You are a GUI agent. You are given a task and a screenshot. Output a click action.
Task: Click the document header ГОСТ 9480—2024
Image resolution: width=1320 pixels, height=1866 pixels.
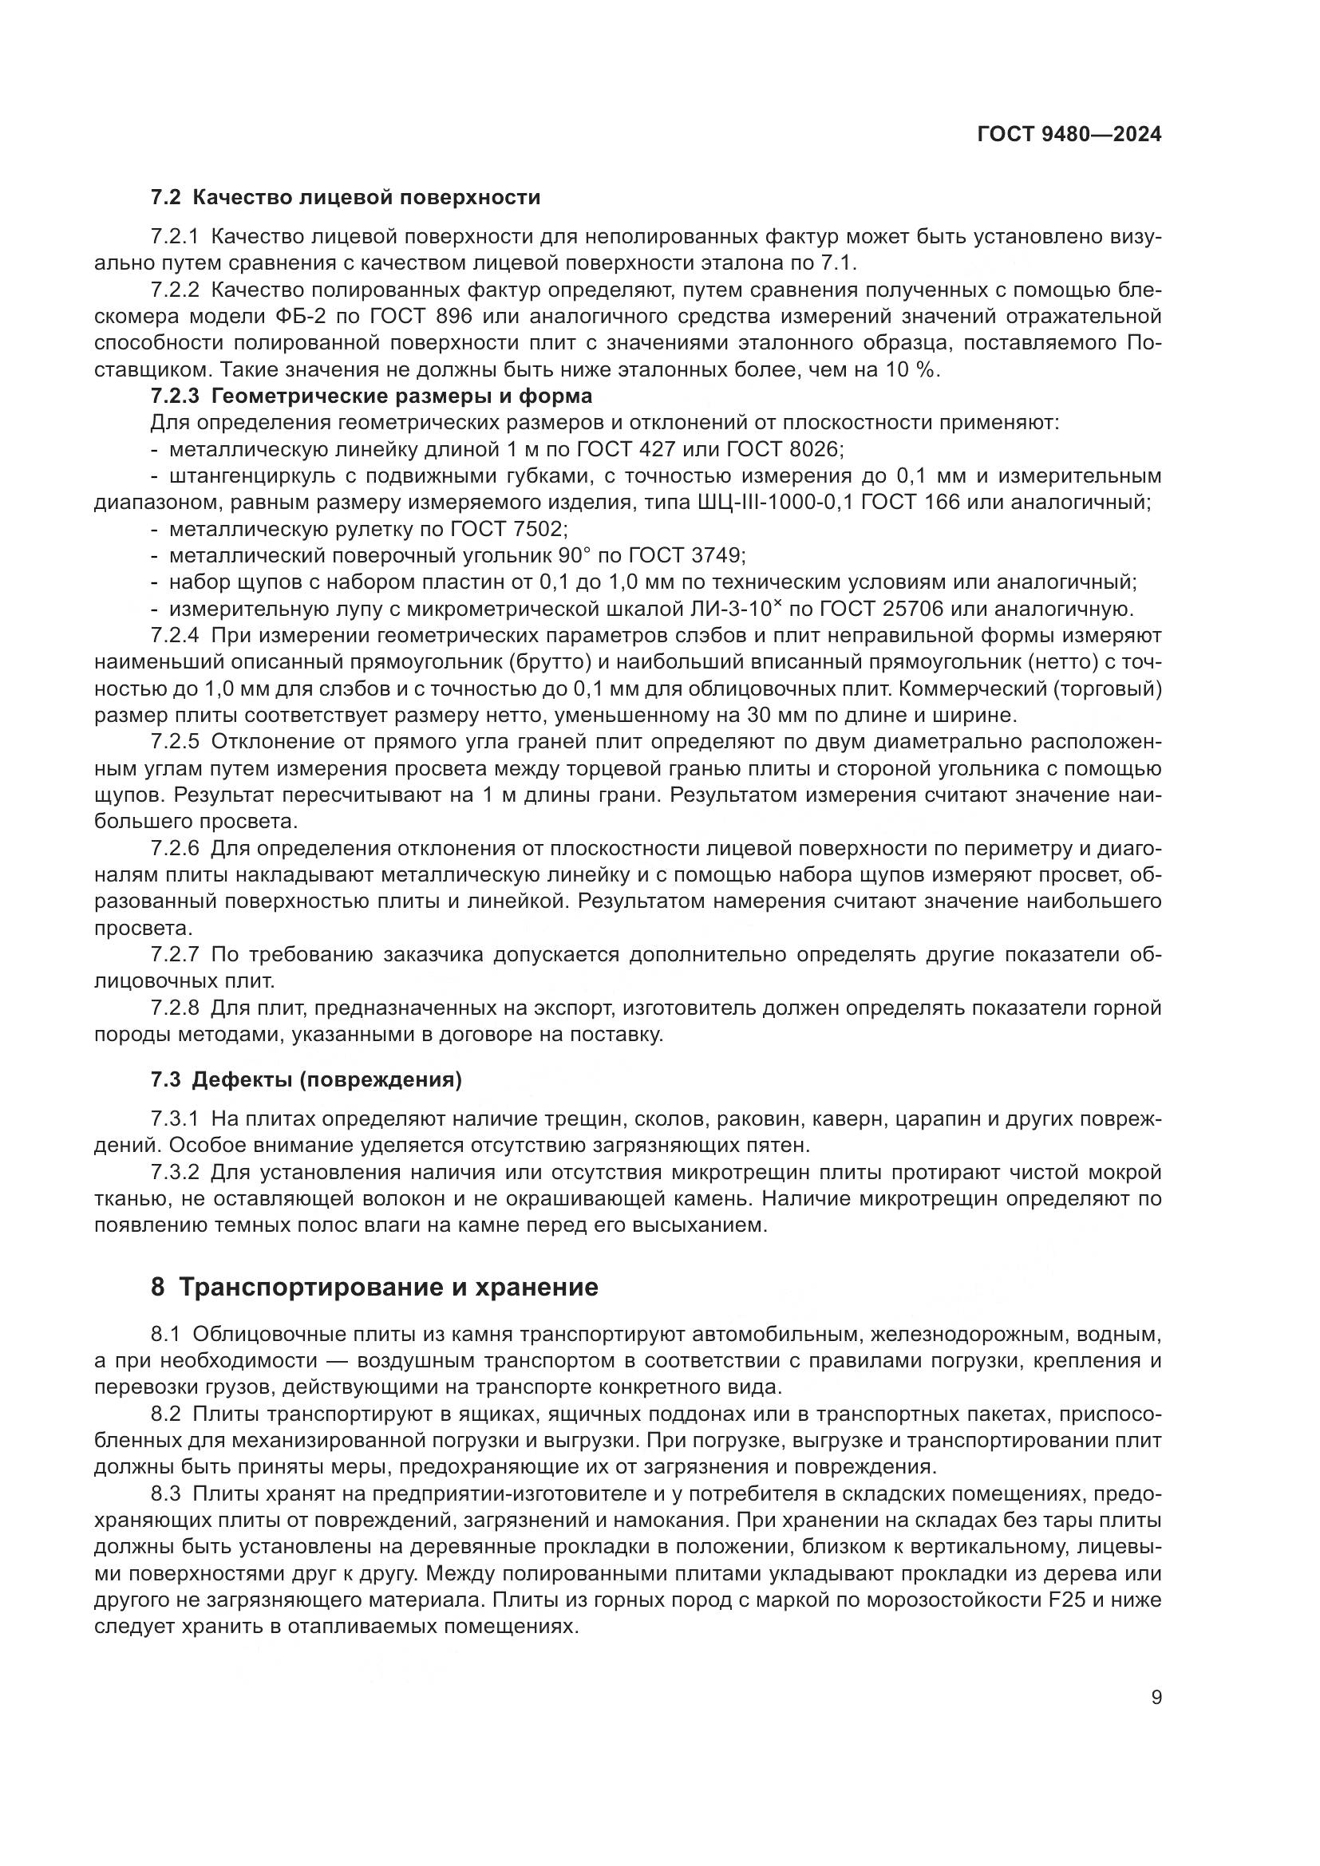[1069, 135]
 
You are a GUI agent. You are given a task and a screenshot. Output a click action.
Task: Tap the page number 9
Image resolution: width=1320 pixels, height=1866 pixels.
[1156, 1698]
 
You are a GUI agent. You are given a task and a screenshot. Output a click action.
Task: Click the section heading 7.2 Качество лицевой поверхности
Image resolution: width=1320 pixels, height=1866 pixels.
[346, 198]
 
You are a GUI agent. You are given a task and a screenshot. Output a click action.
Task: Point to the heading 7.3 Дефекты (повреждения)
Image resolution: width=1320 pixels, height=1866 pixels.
[306, 1080]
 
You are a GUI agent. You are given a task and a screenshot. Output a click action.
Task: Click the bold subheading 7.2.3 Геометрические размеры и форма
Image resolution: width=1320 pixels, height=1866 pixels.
[371, 396]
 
